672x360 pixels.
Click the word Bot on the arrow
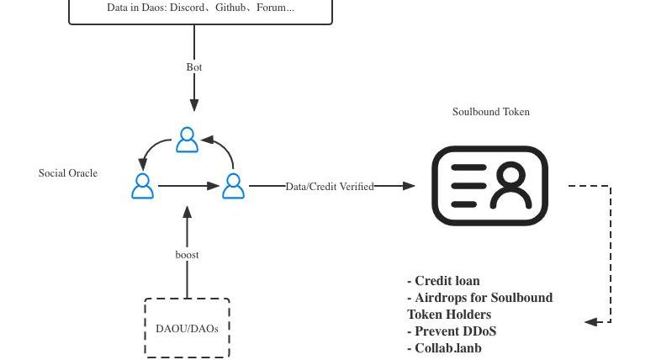click(x=194, y=67)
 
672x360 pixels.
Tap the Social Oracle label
click(x=68, y=173)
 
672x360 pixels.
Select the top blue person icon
click(x=188, y=140)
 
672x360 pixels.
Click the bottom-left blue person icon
click(x=143, y=186)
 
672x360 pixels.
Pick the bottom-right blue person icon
click(x=233, y=186)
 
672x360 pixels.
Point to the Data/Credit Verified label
click(x=330, y=187)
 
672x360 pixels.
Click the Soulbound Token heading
click(x=491, y=112)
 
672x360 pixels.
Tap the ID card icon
click(x=489, y=186)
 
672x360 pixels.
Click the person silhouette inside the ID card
click(x=511, y=186)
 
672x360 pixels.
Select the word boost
click(x=187, y=255)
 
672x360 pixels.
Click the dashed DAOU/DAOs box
click(x=187, y=328)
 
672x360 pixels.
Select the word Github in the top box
click(x=232, y=8)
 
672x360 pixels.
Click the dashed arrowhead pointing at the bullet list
click(x=591, y=321)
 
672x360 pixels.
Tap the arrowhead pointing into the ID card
click(x=409, y=186)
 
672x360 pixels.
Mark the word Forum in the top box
click(x=272, y=8)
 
